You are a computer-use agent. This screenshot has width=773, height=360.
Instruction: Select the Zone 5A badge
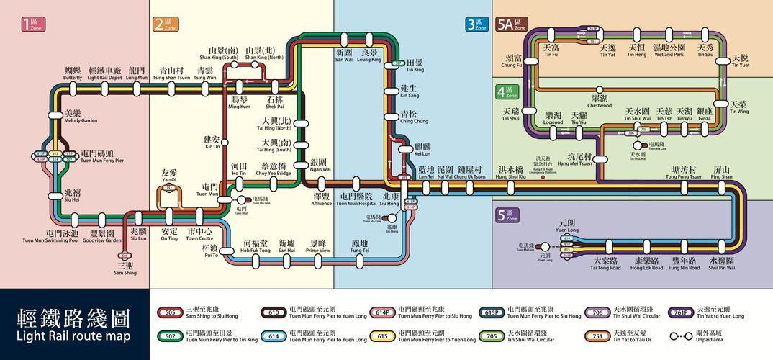point(512,24)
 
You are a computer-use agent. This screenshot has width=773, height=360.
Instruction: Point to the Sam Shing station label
point(125,269)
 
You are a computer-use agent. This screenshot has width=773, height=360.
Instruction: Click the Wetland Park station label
point(668,51)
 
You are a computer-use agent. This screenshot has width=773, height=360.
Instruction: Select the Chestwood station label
point(600,101)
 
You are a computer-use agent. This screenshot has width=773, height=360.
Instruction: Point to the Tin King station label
point(415,66)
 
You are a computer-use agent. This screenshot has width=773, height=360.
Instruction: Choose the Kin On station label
point(212,142)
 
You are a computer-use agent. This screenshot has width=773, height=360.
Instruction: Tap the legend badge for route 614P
point(381,312)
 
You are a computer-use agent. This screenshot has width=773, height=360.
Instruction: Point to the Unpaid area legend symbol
point(677,336)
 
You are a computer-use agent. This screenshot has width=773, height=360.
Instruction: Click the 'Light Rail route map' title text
point(73,336)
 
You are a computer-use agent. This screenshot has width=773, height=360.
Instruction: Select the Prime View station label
point(317,247)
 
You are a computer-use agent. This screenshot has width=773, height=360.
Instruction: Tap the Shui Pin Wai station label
point(721,264)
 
